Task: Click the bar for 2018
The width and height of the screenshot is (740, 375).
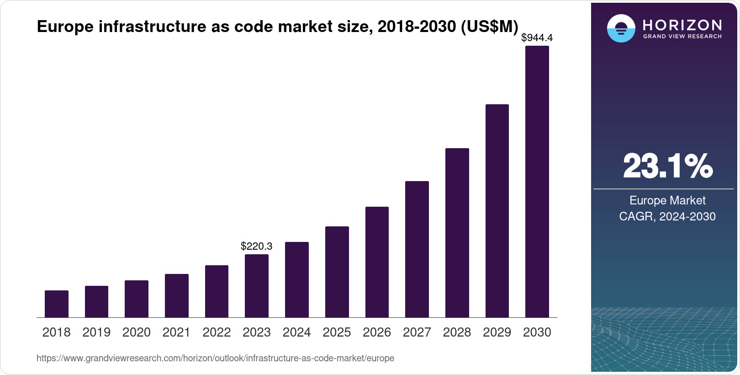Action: (x=57, y=304)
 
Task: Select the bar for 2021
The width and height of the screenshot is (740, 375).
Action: (x=177, y=296)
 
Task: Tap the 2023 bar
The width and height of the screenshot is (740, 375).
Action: (x=257, y=286)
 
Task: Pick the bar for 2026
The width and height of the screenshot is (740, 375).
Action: (x=377, y=262)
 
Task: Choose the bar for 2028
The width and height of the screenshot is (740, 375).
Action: (x=457, y=233)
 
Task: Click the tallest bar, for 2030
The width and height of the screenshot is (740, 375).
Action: (x=537, y=182)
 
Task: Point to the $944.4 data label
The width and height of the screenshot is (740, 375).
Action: (x=537, y=38)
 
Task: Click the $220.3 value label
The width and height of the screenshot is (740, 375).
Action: (x=257, y=246)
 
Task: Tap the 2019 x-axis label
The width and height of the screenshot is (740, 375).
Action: (x=96, y=332)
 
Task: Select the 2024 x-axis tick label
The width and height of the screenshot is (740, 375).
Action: (x=296, y=332)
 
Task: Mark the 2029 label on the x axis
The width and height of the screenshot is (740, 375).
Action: (x=497, y=332)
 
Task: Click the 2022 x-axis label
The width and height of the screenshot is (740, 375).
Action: (x=217, y=332)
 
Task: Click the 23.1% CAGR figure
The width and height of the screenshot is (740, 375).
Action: (x=667, y=166)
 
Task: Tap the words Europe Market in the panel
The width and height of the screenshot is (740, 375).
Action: (x=667, y=200)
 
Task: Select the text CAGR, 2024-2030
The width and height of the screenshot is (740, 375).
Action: (x=667, y=216)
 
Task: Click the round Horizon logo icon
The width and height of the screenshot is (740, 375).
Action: (x=621, y=29)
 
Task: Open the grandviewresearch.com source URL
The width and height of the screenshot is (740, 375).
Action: (x=215, y=359)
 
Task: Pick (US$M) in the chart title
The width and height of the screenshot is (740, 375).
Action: (x=489, y=27)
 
